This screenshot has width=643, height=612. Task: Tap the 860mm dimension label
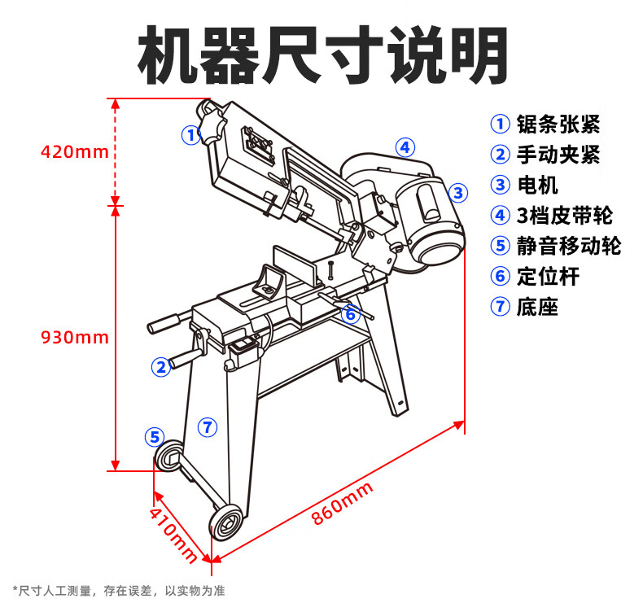pyautogui.click(x=342, y=504)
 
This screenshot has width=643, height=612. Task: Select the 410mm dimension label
pyautogui.click(x=173, y=533)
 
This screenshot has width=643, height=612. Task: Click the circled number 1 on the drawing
pyautogui.click(x=190, y=134)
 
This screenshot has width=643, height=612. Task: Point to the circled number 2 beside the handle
pyautogui.click(x=161, y=366)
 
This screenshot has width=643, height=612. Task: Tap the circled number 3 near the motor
pyautogui.click(x=458, y=193)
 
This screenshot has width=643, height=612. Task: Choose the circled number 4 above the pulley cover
pyautogui.click(x=405, y=147)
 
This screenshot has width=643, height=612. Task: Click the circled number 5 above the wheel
pyautogui.click(x=155, y=437)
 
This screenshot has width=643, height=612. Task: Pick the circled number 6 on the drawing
pyautogui.click(x=350, y=313)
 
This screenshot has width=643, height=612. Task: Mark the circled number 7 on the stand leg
pyautogui.click(x=208, y=426)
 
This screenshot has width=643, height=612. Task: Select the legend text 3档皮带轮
pyautogui.click(x=564, y=216)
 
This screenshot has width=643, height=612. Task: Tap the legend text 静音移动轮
pyautogui.click(x=568, y=246)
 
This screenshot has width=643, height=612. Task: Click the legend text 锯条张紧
pyautogui.click(x=558, y=125)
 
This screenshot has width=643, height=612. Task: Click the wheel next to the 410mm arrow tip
pyautogui.click(x=226, y=520)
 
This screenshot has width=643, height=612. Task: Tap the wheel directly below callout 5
pyautogui.click(x=170, y=457)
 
